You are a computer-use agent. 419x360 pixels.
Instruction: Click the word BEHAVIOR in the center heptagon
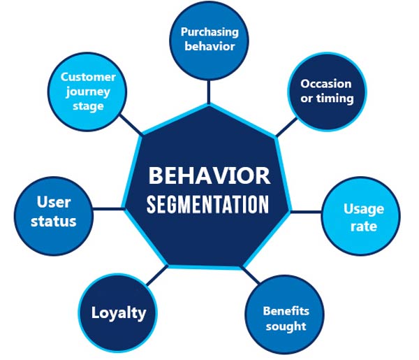(x=209, y=175)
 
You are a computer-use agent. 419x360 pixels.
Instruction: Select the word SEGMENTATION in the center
(x=209, y=205)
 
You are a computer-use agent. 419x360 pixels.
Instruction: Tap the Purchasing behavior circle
(x=209, y=39)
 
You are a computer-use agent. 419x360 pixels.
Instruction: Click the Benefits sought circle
(x=285, y=317)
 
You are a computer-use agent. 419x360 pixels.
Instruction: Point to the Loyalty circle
(x=119, y=312)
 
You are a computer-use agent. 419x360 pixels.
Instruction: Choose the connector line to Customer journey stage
(x=130, y=126)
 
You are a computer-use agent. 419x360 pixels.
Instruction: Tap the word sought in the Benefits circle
(x=285, y=326)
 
